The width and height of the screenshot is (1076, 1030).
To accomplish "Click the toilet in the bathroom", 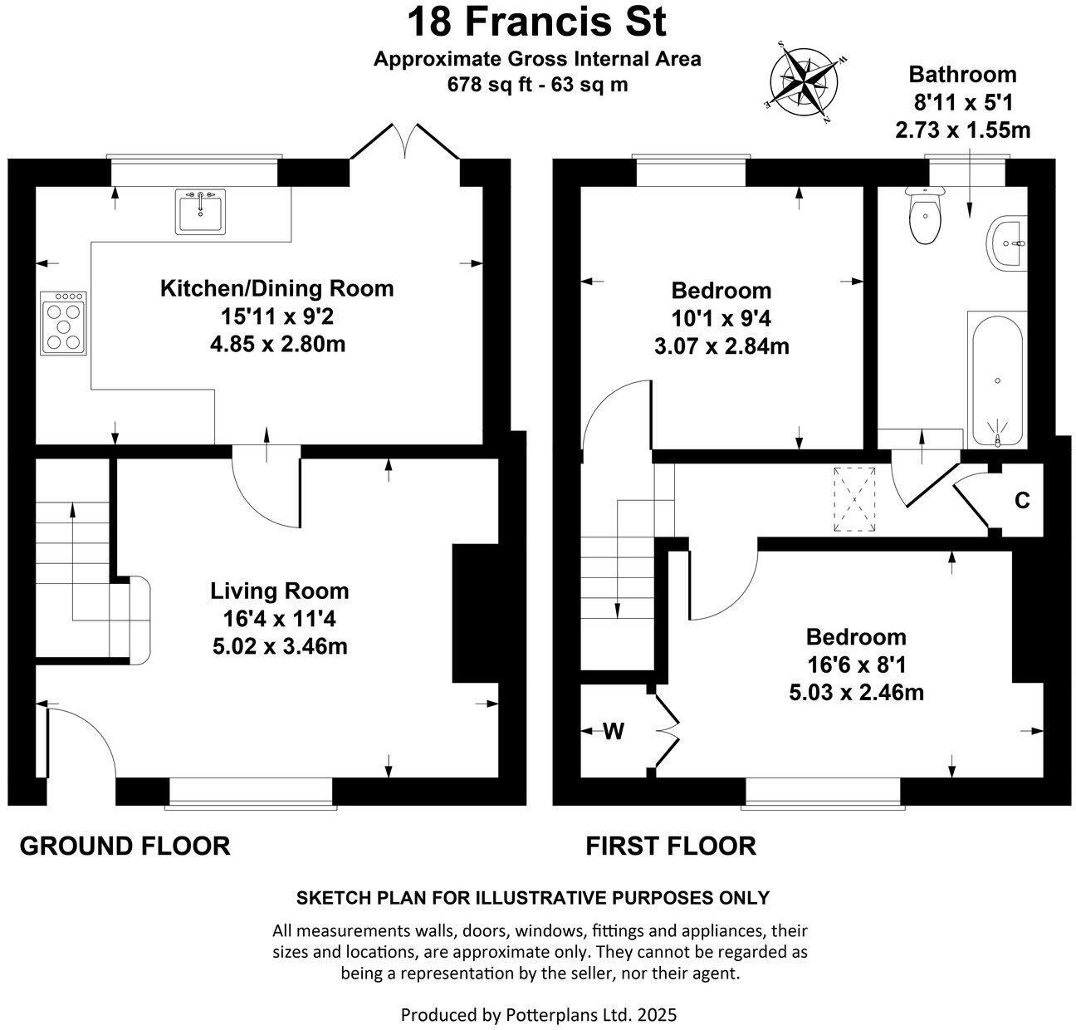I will click(x=924, y=217).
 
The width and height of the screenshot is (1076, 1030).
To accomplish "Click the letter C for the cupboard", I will click(x=1022, y=501).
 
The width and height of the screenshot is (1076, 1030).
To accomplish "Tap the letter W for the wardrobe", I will click(x=614, y=731).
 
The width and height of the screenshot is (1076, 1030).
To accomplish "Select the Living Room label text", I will click(x=280, y=591).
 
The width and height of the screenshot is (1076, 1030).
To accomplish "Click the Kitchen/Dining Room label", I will click(x=276, y=289).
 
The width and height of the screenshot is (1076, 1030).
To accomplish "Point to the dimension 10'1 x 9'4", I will click(x=721, y=318).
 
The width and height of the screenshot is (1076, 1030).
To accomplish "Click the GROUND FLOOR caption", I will click(x=125, y=846).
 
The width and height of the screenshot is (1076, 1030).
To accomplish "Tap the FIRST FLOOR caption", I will click(x=671, y=846).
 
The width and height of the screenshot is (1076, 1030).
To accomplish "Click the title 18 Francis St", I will click(x=536, y=22).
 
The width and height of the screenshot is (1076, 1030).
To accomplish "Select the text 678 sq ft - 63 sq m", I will click(x=537, y=84).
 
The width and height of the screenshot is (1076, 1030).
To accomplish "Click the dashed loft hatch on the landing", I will click(x=855, y=499).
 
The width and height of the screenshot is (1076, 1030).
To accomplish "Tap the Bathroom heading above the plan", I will click(x=962, y=74).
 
